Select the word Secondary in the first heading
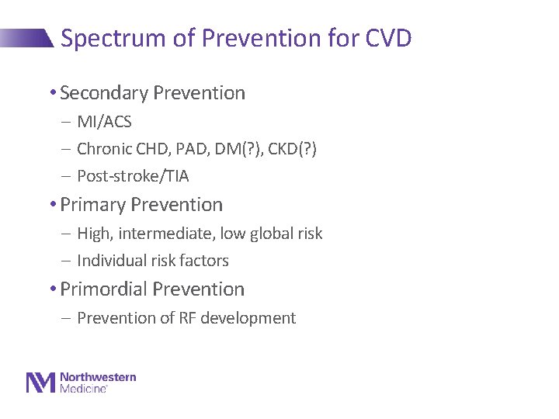pos(104,93)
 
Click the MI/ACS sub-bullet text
pos(104,122)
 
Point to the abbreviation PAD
pos(197,149)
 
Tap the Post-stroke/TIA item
pos(133,176)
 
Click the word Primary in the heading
pos(93,205)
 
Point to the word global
pos(267,234)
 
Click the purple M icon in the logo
pos(41,383)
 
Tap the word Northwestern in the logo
pos(98,377)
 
